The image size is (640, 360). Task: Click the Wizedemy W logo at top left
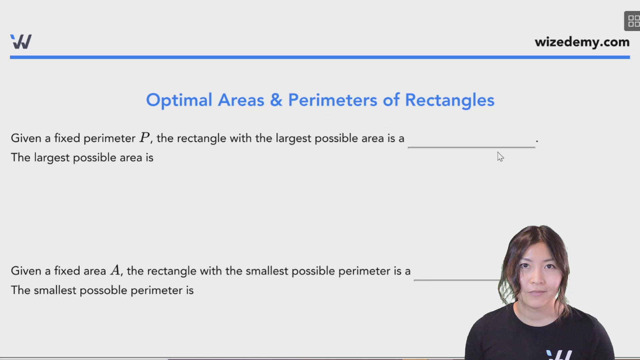[21, 42]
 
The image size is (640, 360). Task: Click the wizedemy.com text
[582, 42]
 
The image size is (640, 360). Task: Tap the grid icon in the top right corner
[633, 21]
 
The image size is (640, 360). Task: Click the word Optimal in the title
[179, 100]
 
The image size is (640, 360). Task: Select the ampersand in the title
[276, 100]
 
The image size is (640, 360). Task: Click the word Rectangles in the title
[449, 100]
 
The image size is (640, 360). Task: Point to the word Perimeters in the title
[332, 100]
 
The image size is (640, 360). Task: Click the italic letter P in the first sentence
[145, 138]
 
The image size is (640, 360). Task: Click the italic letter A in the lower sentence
[115, 270]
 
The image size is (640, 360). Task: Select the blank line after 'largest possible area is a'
[471, 146]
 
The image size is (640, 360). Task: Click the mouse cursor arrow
[500, 156]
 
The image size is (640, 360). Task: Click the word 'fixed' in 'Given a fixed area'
[67, 271]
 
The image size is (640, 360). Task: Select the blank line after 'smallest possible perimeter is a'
[457, 279]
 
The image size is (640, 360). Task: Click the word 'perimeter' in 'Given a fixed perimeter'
[109, 138]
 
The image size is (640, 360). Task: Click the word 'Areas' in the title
[241, 100]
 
